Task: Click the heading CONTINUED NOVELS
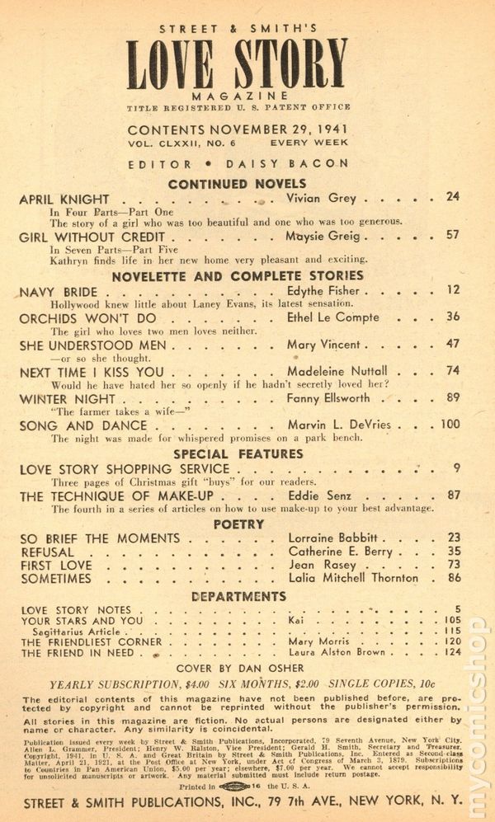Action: [237, 184]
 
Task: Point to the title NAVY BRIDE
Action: [58, 293]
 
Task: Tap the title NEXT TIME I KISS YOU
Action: [93, 373]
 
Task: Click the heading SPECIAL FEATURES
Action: [238, 454]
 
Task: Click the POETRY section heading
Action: [238, 524]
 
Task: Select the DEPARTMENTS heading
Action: [238, 596]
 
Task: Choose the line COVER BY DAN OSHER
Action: [238, 669]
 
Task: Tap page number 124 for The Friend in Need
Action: [450, 653]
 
